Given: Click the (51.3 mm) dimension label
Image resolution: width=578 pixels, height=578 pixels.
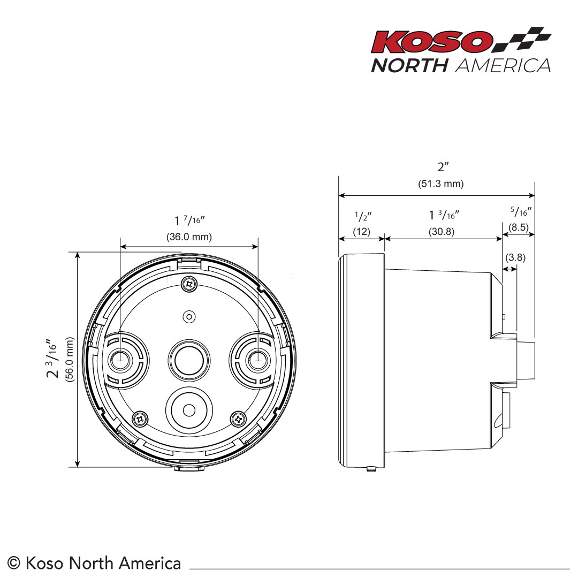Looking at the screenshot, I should pyautogui.click(x=440, y=184).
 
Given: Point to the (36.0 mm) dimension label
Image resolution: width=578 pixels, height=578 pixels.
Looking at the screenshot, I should pyautogui.click(x=189, y=237).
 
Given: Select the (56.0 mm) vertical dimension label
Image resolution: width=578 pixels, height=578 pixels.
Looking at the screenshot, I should pyautogui.click(x=69, y=359).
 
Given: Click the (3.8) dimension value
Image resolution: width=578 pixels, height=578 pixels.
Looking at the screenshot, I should pyautogui.click(x=515, y=257).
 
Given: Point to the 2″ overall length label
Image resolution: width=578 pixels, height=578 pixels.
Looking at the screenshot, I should pyautogui.click(x=441, y=167).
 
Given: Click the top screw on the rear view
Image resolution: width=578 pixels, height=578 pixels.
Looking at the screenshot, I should pyautogui.click(x=188, y=284).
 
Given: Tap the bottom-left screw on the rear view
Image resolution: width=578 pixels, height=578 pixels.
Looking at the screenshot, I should pyautogui.click(x=140, y=417).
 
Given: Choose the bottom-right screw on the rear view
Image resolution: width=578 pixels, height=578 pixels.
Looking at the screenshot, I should pyautogui.click(x=238, y=417).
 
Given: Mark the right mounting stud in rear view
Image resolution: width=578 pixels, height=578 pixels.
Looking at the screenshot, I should pyautogui.click(x=258, y=360).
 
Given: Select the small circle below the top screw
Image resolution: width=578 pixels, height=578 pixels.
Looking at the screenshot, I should pyautogui.click(x=188, y=317).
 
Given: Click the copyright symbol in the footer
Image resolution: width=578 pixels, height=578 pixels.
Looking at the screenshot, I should pyautogui.click(x=14, y=563).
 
